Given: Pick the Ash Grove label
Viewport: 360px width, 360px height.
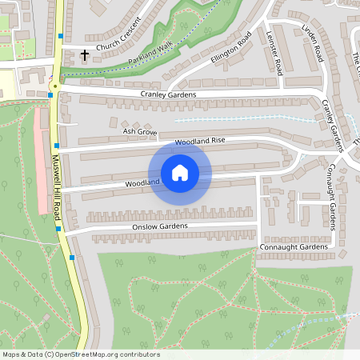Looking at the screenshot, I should [136, 130].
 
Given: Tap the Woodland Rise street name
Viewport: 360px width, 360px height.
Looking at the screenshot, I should [201, 141].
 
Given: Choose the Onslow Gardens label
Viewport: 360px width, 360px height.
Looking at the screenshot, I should [159, 226].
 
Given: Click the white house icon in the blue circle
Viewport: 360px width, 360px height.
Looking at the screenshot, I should [180, 173].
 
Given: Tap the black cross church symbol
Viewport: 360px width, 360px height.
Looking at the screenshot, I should [85, 55].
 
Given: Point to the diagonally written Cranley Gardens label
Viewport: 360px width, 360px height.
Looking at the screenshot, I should [332, 124].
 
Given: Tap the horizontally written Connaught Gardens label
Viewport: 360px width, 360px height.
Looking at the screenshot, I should [294, 247].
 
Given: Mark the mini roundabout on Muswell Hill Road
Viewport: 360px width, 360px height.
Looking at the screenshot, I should [55, 85].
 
